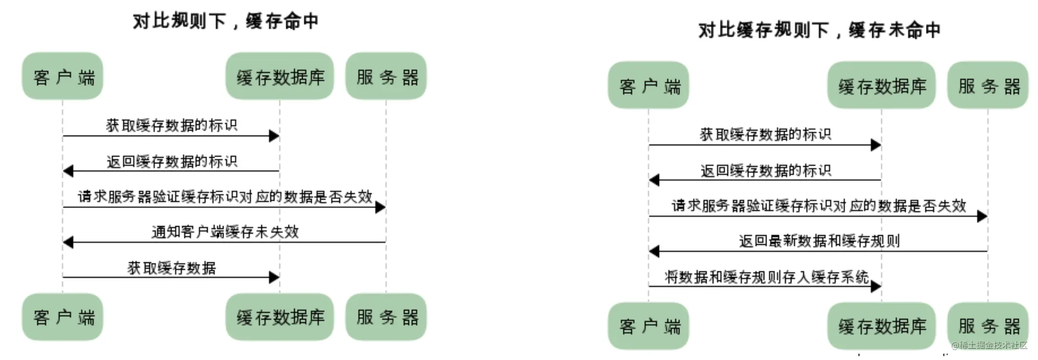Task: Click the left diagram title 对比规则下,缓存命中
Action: pos(226,21)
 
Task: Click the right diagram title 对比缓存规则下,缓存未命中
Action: pos(819,30)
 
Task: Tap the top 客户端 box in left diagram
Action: pos(62,76)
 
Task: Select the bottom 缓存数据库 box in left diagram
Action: pos(280,317)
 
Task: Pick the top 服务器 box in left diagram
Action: pos(386,76)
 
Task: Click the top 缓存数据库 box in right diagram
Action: pos(881,85)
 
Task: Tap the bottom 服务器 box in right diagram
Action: pos(988,326)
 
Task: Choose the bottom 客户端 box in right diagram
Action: pos(649,326)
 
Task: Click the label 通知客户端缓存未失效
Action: pos(225,232)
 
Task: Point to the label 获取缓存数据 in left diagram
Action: pos(171,268)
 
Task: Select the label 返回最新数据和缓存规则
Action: pos(819,241)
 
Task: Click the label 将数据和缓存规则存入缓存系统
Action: pos(766,277)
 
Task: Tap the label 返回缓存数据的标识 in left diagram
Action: pos(171,161)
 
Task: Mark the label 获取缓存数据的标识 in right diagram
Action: pos(765,134)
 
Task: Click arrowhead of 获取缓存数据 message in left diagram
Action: pos(274,277)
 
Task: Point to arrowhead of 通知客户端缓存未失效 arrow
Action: pos(68,242)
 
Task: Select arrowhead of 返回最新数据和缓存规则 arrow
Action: pos(654,251)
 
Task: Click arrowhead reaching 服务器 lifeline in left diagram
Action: pos(380,207)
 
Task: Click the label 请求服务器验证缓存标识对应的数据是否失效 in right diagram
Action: pos(818,206)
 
